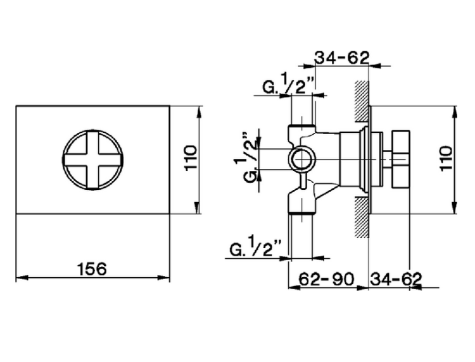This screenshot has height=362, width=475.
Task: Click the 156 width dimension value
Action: pyautogui.click(x=92, y=269)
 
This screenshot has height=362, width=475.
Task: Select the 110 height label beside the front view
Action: pyautogui.click(x=191, y=158)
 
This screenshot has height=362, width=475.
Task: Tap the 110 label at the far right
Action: pyautogui.click(x=446, y=158)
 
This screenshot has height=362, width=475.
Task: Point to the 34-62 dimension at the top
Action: pyautogui.click(x=342, y=58)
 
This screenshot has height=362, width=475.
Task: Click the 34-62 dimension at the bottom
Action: pyautogui.click(x=396, y=278)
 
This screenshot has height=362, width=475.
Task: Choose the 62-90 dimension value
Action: pyautogui.click(x=326, y=278)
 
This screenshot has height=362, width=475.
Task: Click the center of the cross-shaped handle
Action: pyautogui.click(x=92, y=160)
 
